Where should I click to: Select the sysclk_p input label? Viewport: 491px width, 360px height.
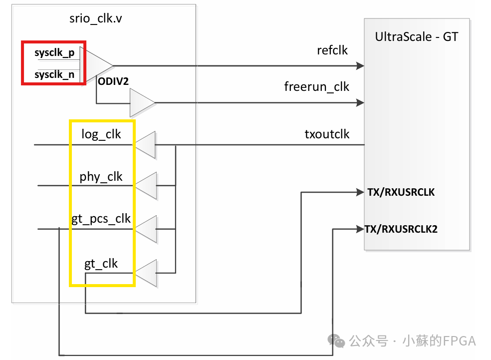pyautogui.click(x=54, y=53)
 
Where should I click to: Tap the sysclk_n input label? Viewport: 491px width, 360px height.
pyautogui.click(x=54, y=75)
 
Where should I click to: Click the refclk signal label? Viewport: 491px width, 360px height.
pyautogui.click(x=332, y=50)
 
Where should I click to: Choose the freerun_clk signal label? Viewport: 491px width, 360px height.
pyautogui.click(x=317, y=87)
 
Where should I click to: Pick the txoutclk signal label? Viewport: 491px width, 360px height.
pyautogui.click(x=327, y=134)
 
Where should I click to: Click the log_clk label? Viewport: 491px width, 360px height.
pyautogui.click(x=101, y=134)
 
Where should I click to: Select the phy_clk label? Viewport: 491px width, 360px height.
pyautogui.click(x=101, y=177)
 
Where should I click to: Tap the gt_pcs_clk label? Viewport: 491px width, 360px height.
pyautogui.click(x=101, y=218)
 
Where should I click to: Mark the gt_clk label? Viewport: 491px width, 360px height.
pyautogui.click(x=101, y=264)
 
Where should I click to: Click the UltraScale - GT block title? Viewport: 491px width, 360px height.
pyautogui.click(x=416, y=37)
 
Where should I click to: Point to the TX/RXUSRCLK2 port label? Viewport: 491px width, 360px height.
pyautogui.click(x=401, y=229)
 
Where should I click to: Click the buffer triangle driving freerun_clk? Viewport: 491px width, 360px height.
pyautogui.click(x=141, y=102)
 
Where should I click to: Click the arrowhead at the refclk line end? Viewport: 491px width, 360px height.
pyautogui.click(x=360, y=65)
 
